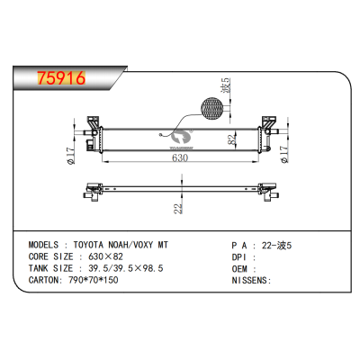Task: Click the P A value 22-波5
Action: (274, 244)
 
